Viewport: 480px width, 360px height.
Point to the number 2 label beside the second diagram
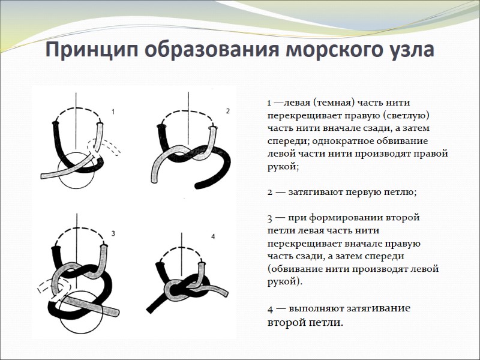point(228,110)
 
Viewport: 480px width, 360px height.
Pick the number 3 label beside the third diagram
point(113,233)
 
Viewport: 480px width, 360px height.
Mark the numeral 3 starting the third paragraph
point(270,218)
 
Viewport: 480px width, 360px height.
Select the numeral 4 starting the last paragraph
point(271,310)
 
